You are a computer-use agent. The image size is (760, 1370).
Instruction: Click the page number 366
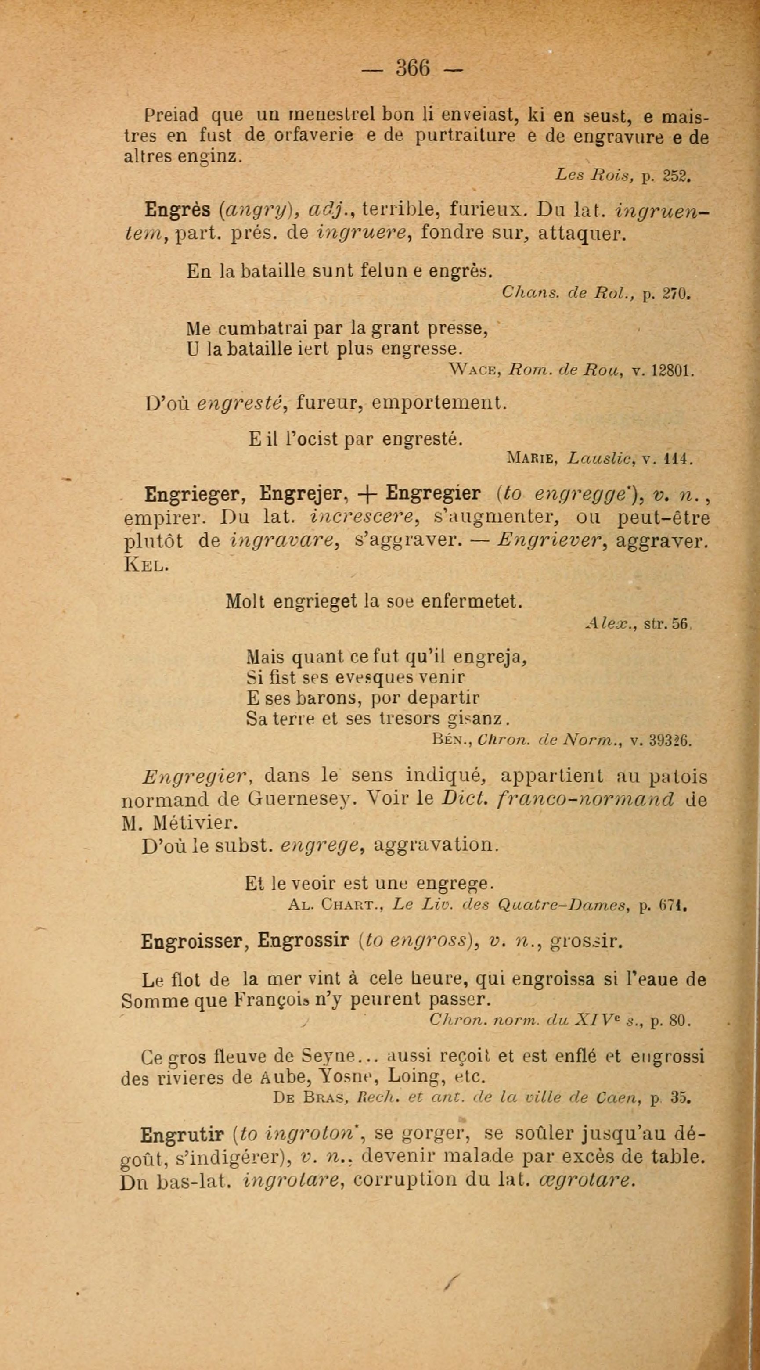pos(413,68)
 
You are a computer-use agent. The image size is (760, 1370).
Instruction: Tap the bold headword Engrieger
pos(194,494)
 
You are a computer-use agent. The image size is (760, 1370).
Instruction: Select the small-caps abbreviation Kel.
pos(146,565)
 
